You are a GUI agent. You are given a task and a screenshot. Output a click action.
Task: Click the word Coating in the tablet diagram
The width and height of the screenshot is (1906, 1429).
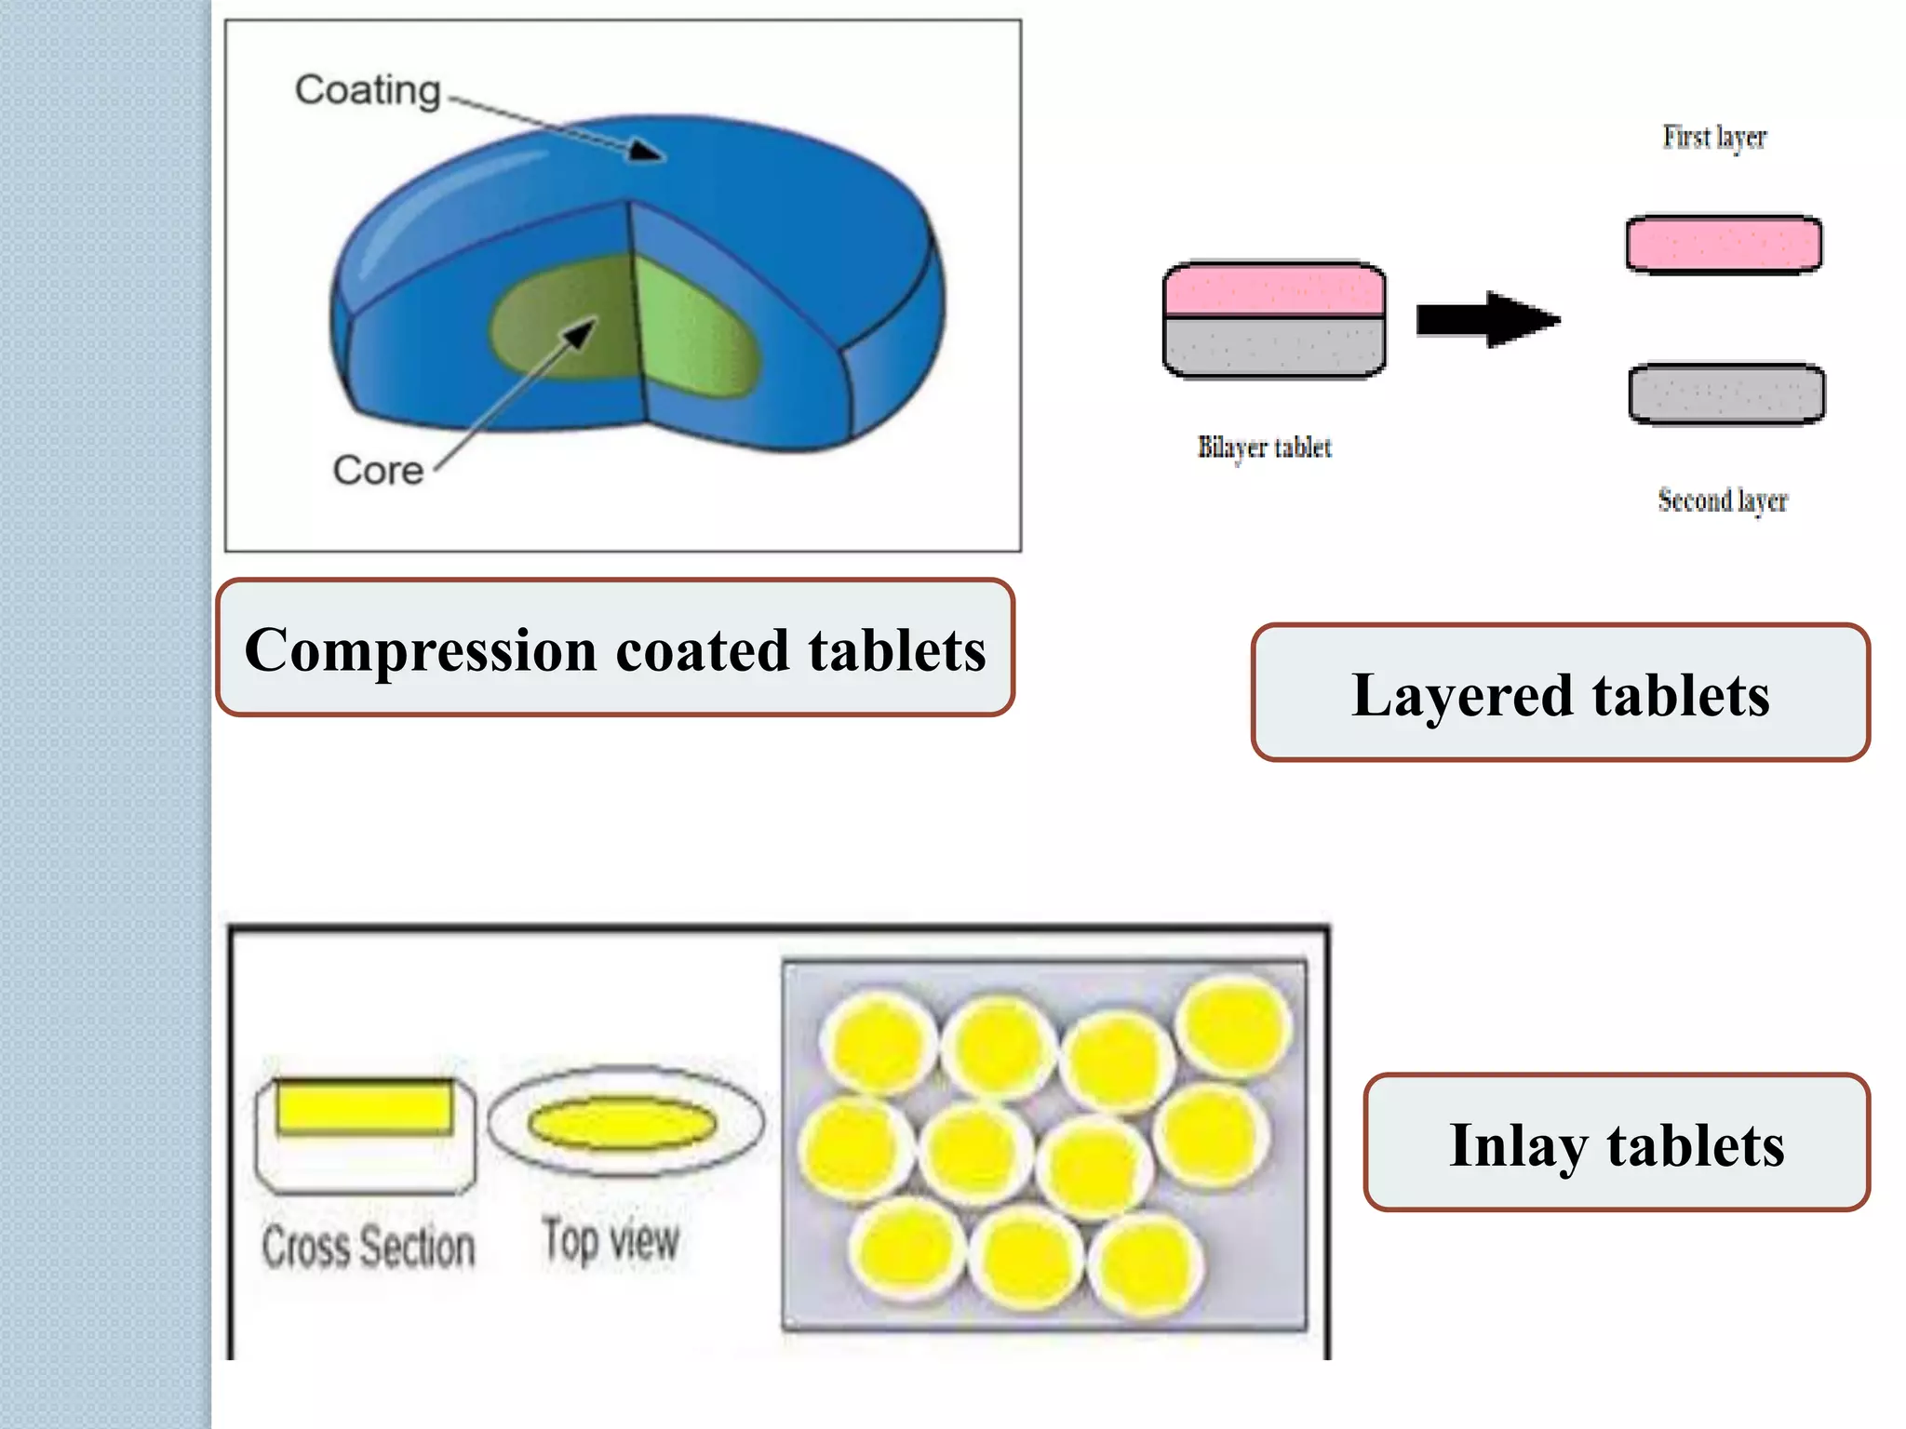point(368,90)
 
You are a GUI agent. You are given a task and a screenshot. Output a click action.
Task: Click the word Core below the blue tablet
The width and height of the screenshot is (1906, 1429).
point(378,471)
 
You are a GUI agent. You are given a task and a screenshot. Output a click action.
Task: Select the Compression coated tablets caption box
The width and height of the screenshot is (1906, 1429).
point(615,648)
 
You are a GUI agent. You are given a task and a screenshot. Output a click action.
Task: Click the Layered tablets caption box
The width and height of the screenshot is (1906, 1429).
point(1560,694)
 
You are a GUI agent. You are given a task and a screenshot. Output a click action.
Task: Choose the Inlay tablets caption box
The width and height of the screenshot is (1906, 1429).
point(1617,1143)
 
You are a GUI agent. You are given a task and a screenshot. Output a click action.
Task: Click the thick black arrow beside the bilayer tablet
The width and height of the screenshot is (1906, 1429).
point(1486,320)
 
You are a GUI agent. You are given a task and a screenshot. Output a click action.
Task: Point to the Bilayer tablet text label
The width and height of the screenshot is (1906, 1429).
point(1264,448)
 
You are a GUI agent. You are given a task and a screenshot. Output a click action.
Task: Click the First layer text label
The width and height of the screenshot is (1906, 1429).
point(1714,138)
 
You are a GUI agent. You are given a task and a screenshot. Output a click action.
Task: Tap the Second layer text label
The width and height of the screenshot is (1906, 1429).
point(1723,501)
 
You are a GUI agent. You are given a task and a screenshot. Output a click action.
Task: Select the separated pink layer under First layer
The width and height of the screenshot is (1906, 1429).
point(1724,245)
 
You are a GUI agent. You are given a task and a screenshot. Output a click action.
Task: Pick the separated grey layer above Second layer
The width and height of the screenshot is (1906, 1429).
point(1726,394)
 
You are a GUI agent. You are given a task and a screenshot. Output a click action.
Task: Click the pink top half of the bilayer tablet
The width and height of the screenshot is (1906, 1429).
point(1274,290)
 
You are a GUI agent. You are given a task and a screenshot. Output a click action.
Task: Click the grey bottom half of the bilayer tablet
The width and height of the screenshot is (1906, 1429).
point(1274,348)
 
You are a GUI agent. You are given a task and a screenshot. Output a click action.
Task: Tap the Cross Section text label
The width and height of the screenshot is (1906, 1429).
point(369,1247)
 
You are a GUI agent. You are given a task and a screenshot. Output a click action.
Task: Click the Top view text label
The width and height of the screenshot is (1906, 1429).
point(611,1241)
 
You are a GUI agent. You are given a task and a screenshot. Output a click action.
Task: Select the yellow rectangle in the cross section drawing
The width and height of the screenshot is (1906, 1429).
point(365,1107)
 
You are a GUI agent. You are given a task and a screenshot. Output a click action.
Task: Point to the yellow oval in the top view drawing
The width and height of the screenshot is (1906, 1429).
point(623,1123)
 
